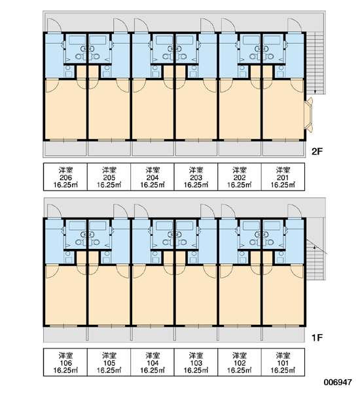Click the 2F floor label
click(x=317, y=151)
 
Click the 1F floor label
click(x=317, y=337)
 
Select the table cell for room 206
click(x=65, y=177)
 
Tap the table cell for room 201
click(x=283, y=177)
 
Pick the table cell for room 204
click(x=153, y=177)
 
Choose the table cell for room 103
click(x=196, y=362)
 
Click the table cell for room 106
click(x=65, y=362)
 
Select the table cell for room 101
click(x=283, y=362)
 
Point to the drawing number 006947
click(x=338, y=383)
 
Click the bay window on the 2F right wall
click(x=309, y=115)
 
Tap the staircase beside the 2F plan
click(x=315, y=63)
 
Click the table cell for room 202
click(x=240, y=177)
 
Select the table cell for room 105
click(x=109, y=362)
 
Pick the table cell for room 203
click(x=196, y=177)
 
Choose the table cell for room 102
click(x=240, y=362)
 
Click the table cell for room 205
click(x=109, y=177)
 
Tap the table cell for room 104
click(x=153, y=362)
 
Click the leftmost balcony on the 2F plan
click(x=65, y=149)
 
